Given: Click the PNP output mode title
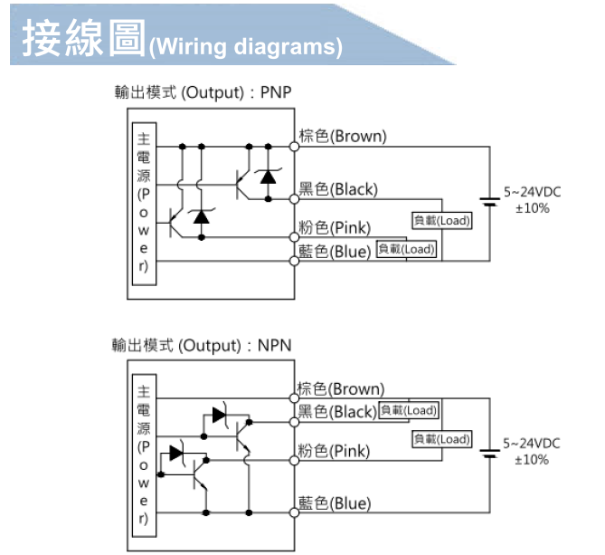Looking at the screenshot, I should (203, 92).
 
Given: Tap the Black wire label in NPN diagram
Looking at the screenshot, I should (337, 412).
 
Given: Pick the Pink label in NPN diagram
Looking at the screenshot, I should (334, 450).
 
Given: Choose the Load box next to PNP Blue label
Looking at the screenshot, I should (406, 249).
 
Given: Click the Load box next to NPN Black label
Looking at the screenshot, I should (408, 411).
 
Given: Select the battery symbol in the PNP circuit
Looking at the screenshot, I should (490, 200).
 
